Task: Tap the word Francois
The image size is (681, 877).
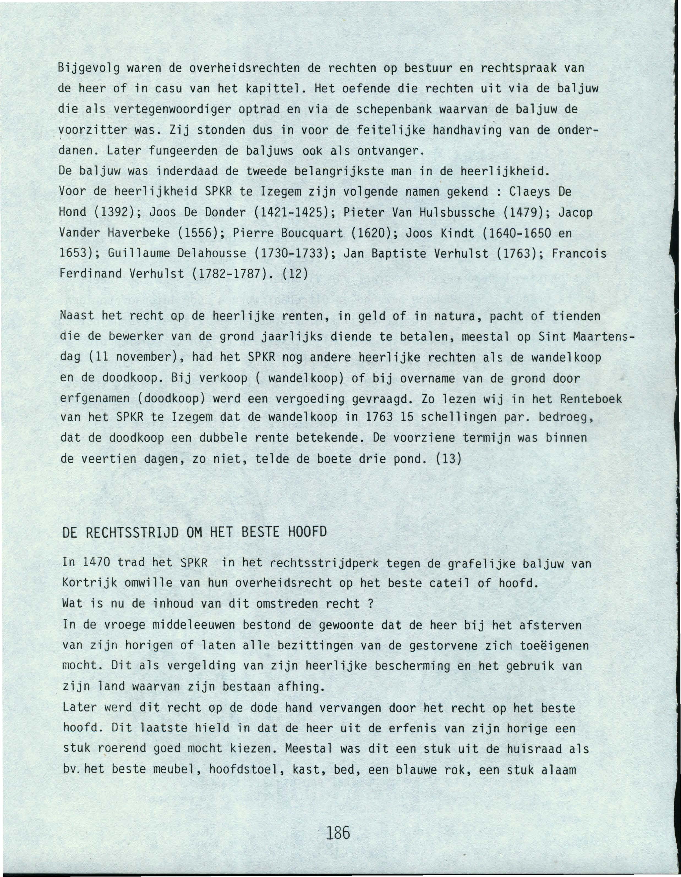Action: click(579, 254)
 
